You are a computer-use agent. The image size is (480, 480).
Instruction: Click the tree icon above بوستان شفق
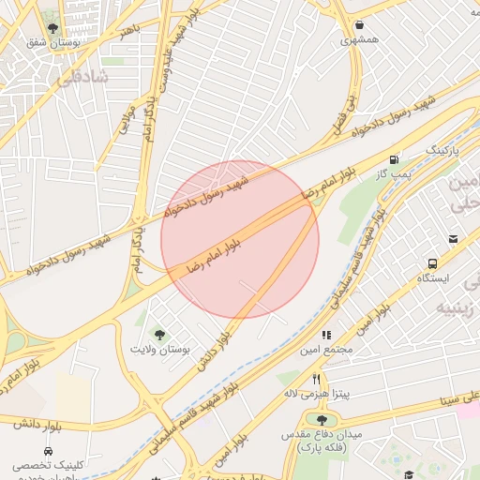[52, 29]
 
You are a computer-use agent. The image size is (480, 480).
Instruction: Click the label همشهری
[360, 40]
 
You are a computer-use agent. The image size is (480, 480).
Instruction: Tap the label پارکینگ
[445, 149]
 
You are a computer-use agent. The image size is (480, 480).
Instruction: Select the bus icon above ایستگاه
[432, 264]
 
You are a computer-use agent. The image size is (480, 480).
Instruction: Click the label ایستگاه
[433, 279]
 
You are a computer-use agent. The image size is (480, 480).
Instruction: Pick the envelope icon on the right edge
[454, 239]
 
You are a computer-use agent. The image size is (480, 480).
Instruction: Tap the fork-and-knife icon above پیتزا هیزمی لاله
[316, 378]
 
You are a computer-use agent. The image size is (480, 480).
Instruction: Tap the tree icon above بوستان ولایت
[159, 334]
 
